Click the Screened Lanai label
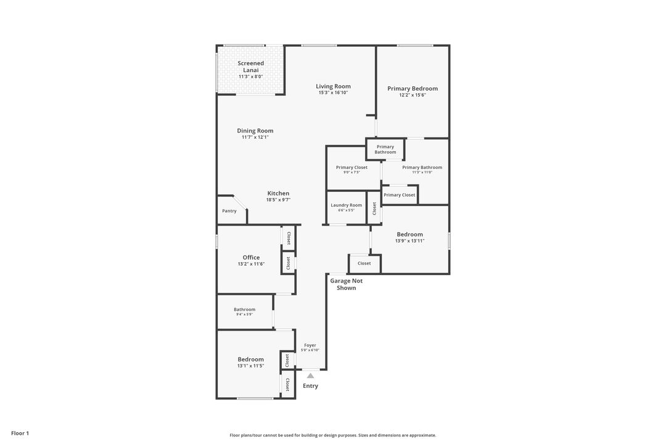[x=250, y=67]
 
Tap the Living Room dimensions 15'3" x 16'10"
[x=334, y=92]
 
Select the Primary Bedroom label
[x=413, y=88]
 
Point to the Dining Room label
[x=255, y=131]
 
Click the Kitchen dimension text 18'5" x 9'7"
[x=278, y=200]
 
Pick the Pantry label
[x=229, y=211]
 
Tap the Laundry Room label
[x=346, y=205]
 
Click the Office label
[x=251, y=257]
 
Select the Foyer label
[x=310, y=345]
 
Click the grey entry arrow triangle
[x=310, y=376]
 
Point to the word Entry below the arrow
[x=310, y=386]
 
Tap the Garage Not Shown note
[x=346, y=284]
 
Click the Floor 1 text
[x=20, y=434]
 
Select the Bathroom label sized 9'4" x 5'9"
[x=245, y=310]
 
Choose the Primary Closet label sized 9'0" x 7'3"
[x=351, y=167]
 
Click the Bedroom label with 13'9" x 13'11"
[x=410, y=234]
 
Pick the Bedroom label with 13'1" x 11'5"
[x=250, y=359]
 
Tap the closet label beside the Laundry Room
[x=374, y=208]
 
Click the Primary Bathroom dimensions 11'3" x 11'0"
[x=422, y=173]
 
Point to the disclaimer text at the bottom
[x=333, y=435]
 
